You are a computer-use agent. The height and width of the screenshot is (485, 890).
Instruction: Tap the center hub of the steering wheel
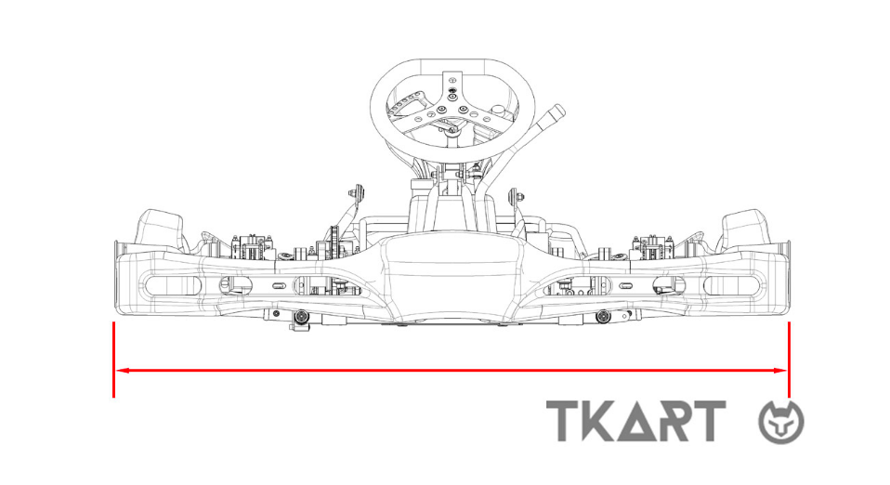coord(452,110)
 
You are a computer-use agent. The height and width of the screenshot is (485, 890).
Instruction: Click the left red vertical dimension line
coord(114,360)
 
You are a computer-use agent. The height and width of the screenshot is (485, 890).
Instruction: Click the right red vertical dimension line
coord(789,360)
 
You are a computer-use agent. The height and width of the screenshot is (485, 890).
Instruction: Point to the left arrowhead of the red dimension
coord(122,371)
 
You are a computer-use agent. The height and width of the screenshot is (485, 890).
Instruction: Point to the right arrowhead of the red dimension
coord(780,371)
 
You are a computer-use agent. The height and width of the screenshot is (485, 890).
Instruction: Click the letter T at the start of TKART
coord(564,421)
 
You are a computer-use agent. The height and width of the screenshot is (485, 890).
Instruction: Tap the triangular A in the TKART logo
coord(637,423)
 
